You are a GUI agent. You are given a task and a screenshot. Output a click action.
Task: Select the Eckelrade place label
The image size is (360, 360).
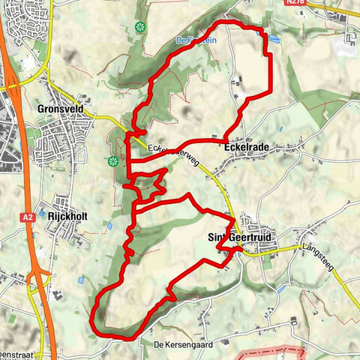246,148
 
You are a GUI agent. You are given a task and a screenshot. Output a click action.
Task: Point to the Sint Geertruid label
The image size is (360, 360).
239,238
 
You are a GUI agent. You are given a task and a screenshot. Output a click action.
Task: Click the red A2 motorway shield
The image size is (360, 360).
27,217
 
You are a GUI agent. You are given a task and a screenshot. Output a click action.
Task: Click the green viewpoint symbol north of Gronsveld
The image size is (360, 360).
139,27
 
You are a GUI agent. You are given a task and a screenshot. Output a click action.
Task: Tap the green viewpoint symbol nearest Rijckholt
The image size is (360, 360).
112,160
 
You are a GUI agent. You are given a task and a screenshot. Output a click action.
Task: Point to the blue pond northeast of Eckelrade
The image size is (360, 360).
274,39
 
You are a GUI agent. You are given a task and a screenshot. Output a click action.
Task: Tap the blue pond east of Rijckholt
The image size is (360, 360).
110,225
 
